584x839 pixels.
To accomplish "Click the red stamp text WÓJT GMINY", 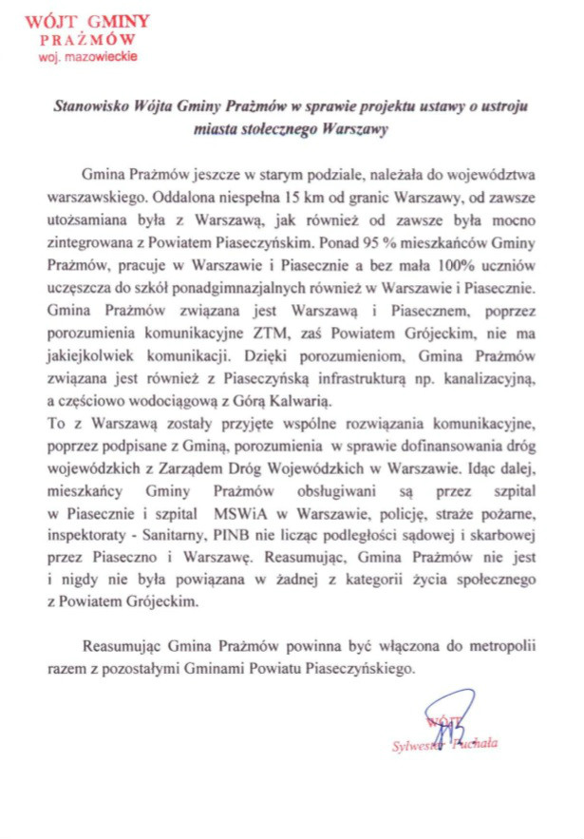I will tap(80, 21).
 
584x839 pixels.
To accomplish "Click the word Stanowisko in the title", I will tap(91, 108).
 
